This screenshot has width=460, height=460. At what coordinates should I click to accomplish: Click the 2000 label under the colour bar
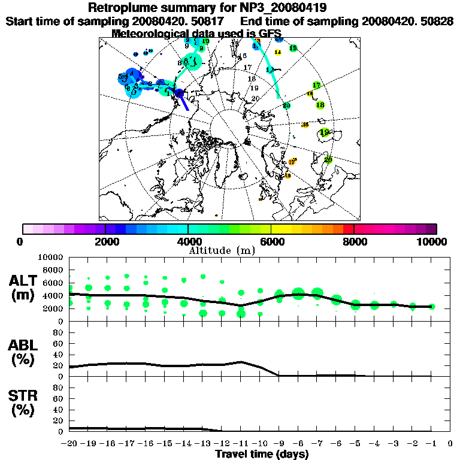105,241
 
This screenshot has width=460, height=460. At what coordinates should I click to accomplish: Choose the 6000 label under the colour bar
271,241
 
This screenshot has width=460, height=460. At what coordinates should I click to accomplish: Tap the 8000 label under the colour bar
354,241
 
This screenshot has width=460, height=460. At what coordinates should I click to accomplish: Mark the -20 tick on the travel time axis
69,443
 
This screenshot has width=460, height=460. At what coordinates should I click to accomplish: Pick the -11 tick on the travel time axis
241,443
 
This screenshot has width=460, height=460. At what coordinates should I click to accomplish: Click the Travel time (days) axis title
262,454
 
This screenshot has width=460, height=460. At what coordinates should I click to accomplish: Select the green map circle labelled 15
293,48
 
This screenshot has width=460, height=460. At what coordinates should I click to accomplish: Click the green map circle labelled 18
320,105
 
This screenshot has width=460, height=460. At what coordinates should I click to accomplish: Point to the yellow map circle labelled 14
277,53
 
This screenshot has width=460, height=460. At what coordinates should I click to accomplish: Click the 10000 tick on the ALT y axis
51,257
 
